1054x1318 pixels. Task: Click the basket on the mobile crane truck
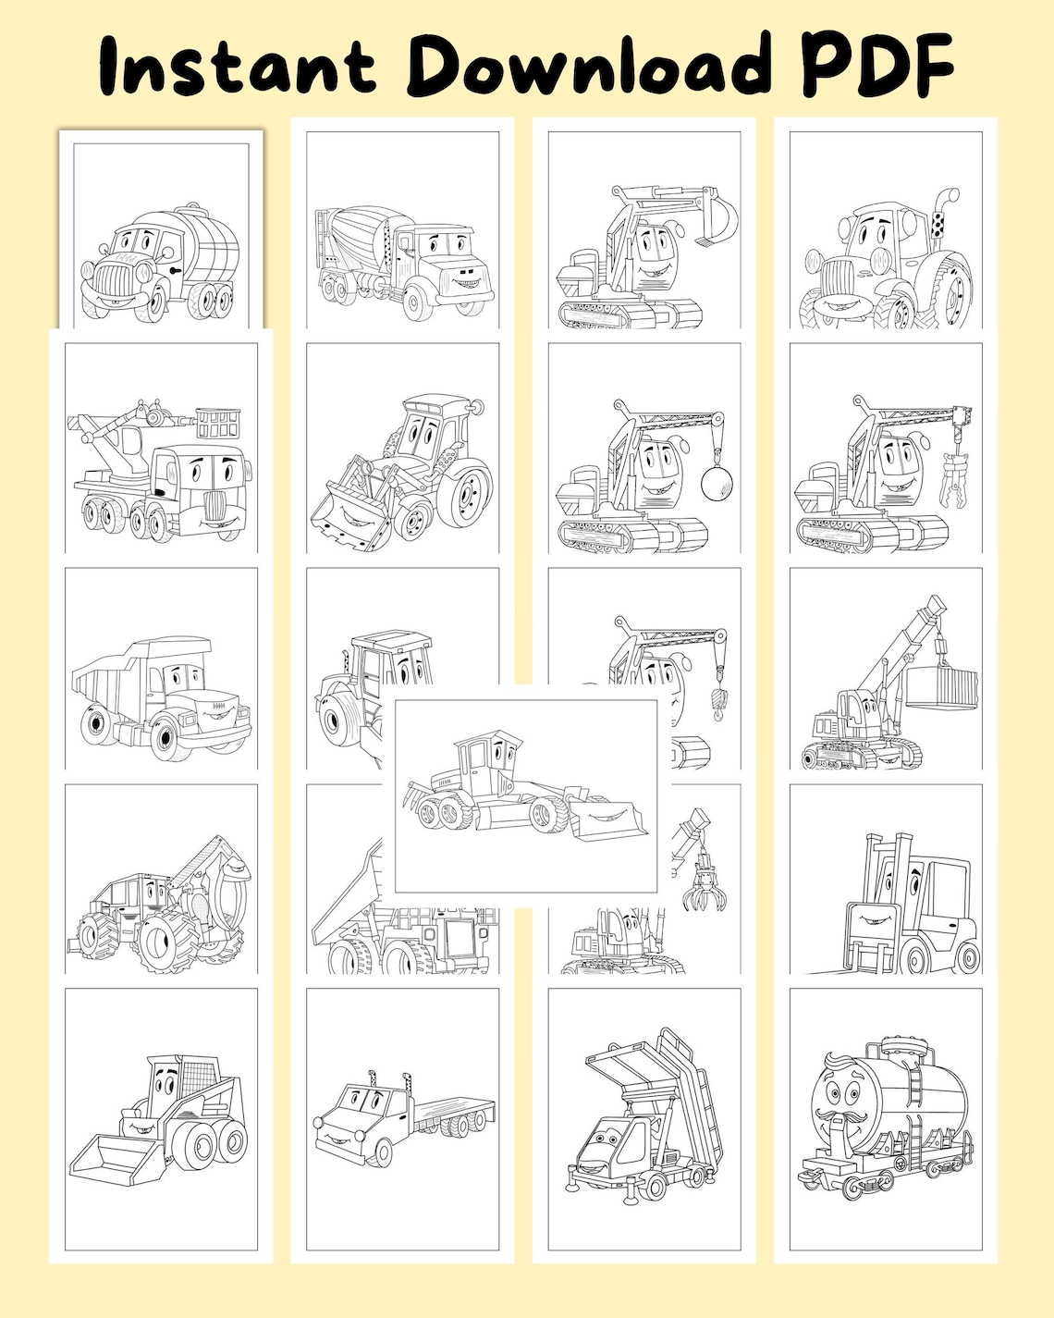click(217, 425)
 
